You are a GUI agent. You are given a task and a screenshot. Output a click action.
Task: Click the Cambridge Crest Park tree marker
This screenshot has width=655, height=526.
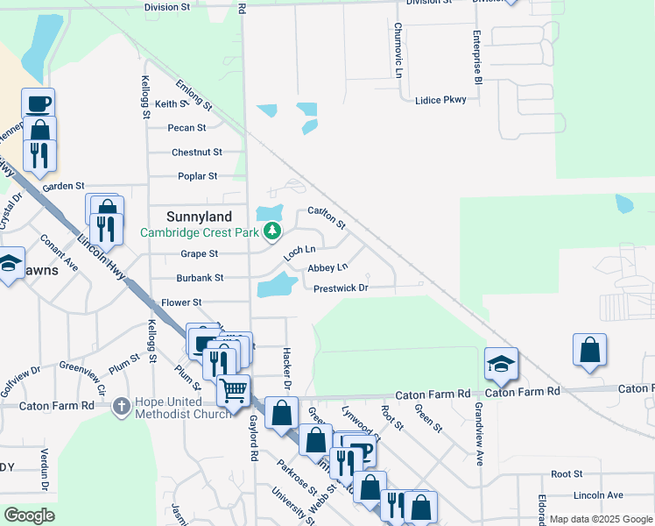tap(273, 231)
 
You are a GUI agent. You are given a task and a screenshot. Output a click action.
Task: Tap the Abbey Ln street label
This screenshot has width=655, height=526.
tap(327, 267)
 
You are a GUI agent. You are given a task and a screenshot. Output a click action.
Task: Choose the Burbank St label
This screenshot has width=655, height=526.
tap(201, 278)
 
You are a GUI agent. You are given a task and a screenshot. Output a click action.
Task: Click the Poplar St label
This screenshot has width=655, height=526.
tap(197, 176)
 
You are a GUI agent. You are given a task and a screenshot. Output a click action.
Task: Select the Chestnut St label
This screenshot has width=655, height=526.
tap(197, 153)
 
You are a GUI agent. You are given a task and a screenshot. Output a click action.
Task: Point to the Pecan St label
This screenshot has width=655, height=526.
tap(187, 128)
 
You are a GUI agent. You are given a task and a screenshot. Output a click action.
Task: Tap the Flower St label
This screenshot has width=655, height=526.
tap(181, 302)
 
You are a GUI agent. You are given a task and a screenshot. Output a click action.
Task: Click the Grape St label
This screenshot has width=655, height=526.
tap(199, 254)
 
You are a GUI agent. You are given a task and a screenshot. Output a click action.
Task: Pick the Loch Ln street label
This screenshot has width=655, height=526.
tap(299, 253)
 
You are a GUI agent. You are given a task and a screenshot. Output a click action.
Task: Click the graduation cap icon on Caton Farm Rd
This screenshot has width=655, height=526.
tap(501, 365)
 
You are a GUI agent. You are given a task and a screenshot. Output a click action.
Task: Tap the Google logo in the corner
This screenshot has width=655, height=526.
tap(29, 515)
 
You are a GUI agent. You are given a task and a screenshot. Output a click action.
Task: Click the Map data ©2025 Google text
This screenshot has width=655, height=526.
tap(602, 519)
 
